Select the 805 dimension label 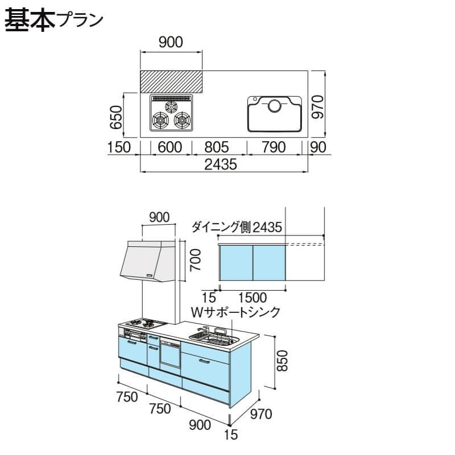(x=219, y=147)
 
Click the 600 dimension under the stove (x=170, y=147)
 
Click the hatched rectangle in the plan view (x=171, y=81)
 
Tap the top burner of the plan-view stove (x=171, y=106)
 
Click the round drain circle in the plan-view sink (x=275, y=105)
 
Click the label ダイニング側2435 (x=237, y=227)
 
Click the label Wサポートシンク (x=236, y=312)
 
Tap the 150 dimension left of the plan (x=119, y=147)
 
